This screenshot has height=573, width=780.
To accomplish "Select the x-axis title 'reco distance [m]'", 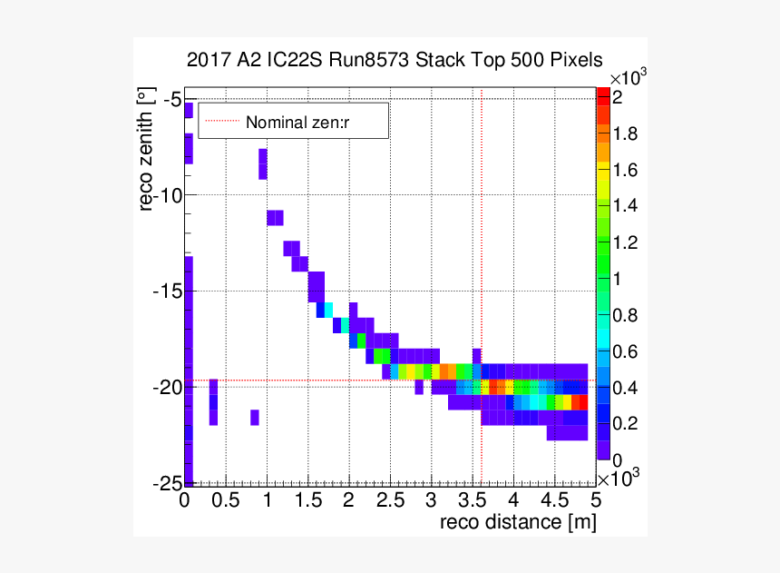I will tap(517, 522).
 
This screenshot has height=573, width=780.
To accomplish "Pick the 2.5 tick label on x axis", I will tap(390, 500).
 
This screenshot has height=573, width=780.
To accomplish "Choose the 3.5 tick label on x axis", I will tap(473, 500).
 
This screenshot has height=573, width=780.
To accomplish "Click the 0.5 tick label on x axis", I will tap(226, 500).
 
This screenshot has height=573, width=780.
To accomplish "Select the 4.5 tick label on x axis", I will tap(554, 500).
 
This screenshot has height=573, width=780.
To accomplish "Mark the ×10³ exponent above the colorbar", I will tap(626, 78).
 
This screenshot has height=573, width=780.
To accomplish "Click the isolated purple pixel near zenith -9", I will tap(263, 164).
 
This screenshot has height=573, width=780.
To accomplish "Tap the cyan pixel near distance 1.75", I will tap(328, 310).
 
